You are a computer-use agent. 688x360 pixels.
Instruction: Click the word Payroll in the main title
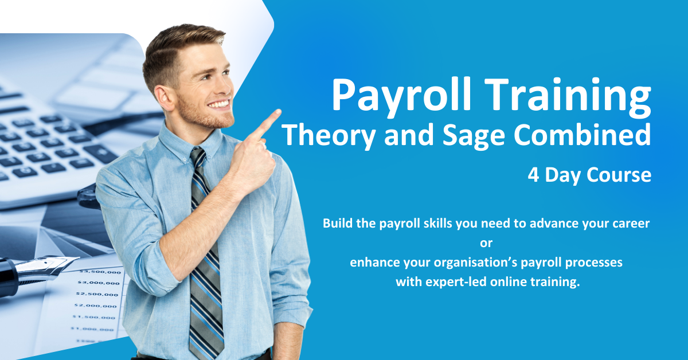401,97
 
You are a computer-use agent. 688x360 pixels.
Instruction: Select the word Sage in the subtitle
474,136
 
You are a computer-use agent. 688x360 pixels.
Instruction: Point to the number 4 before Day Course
534,175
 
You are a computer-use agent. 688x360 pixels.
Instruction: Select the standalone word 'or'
486,243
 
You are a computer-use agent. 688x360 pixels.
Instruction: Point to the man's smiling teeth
218,104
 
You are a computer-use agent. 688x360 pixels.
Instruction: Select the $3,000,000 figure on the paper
99,283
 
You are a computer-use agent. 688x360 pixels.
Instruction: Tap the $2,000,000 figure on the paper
96,306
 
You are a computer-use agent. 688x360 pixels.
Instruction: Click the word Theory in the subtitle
329,135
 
